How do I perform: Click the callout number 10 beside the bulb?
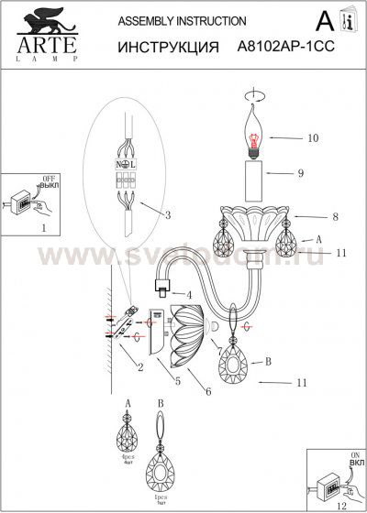(x=312, y=138)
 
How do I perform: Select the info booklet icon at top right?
(x=346, y=21)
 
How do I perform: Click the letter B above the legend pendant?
(x=161, y=401)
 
